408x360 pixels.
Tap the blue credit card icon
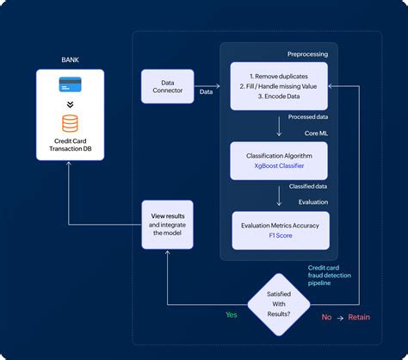coord(70,85)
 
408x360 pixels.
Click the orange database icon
coord(70,121)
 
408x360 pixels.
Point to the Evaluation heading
coord(311,204)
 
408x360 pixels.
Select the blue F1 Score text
coord(278,234)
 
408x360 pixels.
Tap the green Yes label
coord(231,315)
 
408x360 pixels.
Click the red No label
coord(326,317)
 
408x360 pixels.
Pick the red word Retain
coord(359,317)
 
